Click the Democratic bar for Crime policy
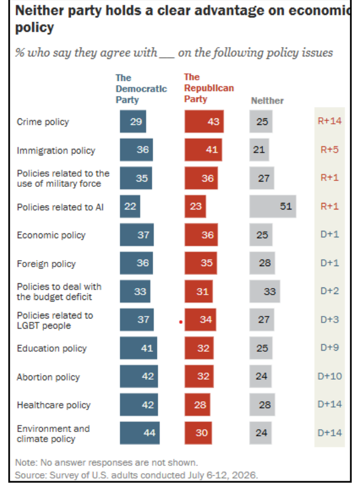coord(133,121)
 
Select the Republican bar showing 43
coord(204,121)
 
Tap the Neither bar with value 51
coord(273,207)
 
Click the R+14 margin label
coord(330,121)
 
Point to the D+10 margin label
coord(330,376)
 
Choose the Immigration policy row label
coord(56,151)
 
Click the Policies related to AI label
coord(60,207)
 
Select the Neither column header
coord(267,101)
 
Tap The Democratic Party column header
coord(141,89)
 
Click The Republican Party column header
coord(209,88)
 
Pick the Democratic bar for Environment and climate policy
coord(140,433)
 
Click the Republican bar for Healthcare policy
coord(198,405)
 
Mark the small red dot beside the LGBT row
coord(181,322)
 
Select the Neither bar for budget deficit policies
coord(264,291)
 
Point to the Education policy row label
coord(52,349)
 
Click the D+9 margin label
coord(330,348)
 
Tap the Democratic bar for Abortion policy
coord(139,376)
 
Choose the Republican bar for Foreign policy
coord(201,263)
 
